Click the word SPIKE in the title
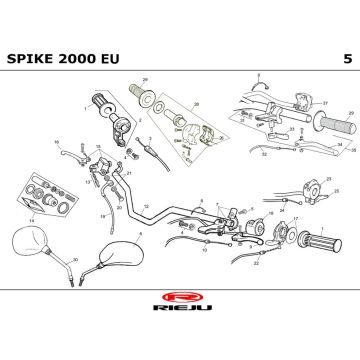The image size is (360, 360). point(32,58)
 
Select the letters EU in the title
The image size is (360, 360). point(111,58)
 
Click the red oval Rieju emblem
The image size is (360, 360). point(180,298)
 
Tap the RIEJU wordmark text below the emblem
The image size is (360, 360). point(180,312)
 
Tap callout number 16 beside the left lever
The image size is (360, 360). point(56,142)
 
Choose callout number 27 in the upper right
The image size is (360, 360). point(325,102)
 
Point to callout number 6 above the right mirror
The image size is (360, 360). point(140,233)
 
